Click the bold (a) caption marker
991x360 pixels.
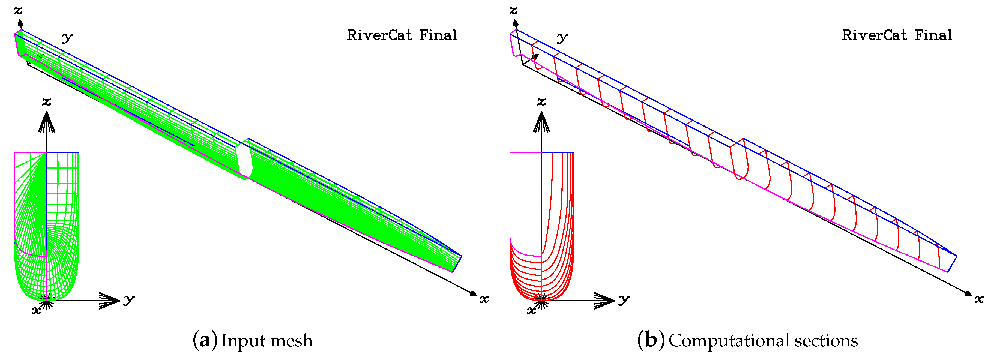coord(205,340)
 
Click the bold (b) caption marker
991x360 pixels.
coord(651,340)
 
